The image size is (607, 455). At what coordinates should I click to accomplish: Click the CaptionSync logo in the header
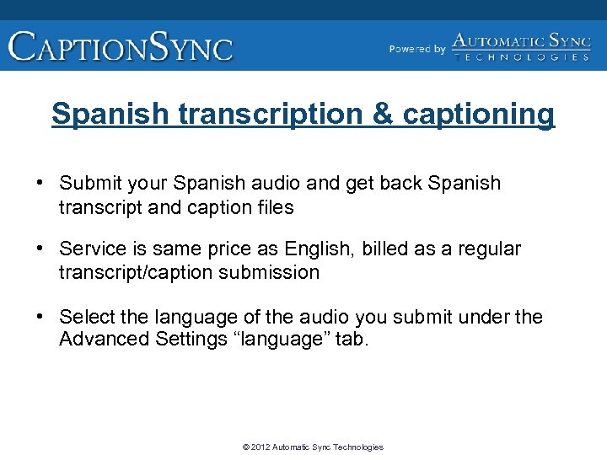pyautogui.click(x=121, y=45)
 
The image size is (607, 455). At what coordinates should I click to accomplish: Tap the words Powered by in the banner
pyautogui.click(x=417, y=49)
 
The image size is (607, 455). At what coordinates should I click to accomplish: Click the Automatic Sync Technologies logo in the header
pyautogui.click(x=521, y=46)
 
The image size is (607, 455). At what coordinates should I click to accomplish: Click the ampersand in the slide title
pyautogui.click(x=384, y=114)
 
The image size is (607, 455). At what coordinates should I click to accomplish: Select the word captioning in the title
pyautogui.click(x=479, y=115)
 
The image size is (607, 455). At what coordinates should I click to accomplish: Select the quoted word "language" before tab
pyautogui.click(x=282, y=340)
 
